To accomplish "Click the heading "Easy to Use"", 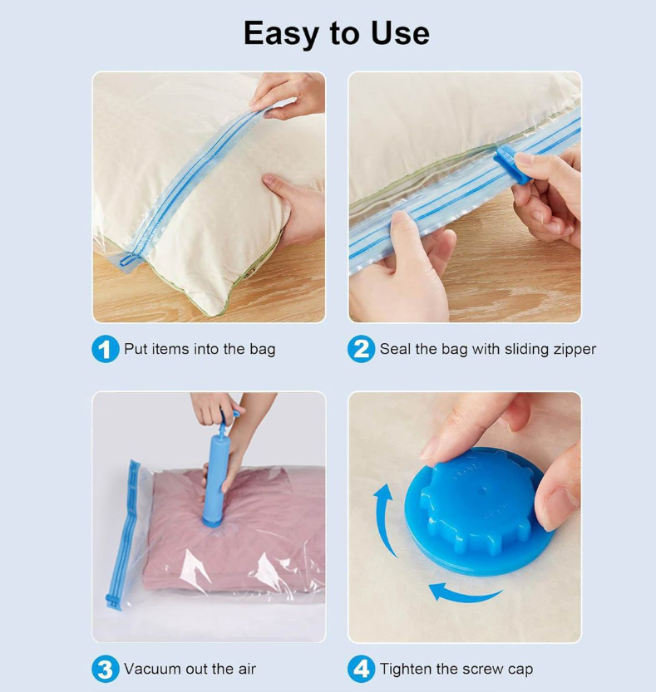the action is click(x=336, y=33).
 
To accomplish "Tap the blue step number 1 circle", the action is click(x=105, y=349).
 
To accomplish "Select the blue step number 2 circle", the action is click(x=361, y=349).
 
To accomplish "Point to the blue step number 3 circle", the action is click(x=105, y=669).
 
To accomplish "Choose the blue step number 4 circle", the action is click(x=361, y=669).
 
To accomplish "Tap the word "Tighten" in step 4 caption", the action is click(x=406, y=669).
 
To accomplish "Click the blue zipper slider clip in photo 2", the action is click(x=511, y=164).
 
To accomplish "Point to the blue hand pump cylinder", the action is click(x=216, y=478).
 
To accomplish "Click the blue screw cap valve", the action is click(x=479, y=511).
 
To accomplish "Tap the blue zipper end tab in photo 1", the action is click(x=126, y=260).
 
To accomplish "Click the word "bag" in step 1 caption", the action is click(x=263, y=350).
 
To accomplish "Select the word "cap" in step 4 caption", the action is click(x=520, y=670).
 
